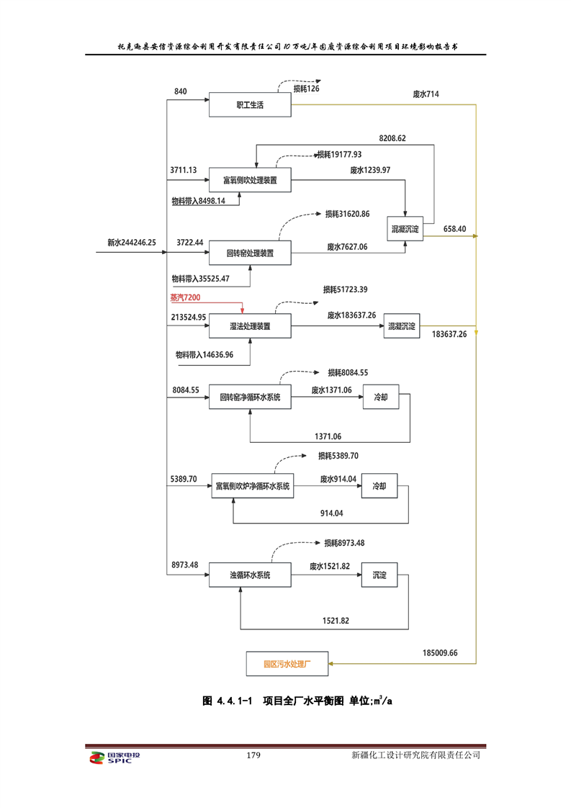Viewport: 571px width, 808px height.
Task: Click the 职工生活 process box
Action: click(250, 105)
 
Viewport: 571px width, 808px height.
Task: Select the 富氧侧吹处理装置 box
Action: click(250, 179)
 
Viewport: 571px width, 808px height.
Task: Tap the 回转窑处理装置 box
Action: click(250, 253)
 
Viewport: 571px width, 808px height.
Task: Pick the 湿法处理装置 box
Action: click(250, 326)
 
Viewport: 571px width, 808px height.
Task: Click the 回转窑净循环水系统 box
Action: click(250, 397)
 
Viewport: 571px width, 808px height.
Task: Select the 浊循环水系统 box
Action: click(250, 575)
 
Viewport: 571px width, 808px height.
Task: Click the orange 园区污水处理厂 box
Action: click(286, 663)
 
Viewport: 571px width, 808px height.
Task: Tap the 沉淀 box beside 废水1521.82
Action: click(379, 575)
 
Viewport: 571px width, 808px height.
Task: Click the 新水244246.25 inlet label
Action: click(132, 243)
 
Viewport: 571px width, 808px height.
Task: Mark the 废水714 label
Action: click(426, 94)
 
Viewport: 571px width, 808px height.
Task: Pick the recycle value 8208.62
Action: click(392, 138)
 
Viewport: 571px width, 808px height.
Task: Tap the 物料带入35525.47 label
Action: click(200, 278)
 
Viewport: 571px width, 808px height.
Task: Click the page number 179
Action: click(253, 755)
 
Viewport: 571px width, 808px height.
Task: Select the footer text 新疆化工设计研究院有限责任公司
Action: click(415, 755)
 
